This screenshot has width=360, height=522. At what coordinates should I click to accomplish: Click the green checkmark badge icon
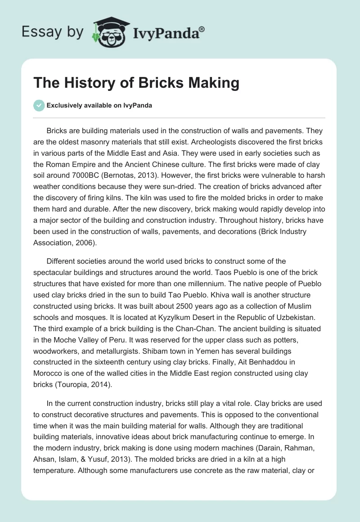pos(39,105)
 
